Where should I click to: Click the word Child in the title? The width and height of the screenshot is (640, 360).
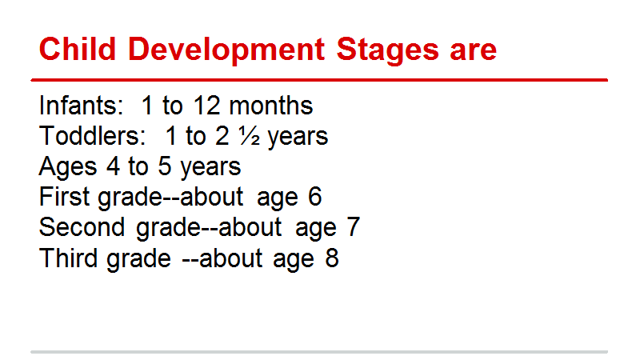(78, 49)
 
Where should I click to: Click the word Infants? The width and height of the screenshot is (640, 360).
(81, 105)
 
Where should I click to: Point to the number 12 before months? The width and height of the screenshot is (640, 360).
(207, 106)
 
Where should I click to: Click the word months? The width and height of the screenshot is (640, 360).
(271, 105)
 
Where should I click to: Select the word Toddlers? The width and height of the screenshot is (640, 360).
(92, 135)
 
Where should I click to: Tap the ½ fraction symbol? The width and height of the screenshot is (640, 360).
(250, 136)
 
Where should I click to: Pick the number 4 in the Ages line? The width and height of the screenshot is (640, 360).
(114, 166)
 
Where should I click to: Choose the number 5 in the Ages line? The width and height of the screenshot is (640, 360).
(165, 166)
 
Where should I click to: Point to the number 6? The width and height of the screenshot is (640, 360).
(314, 197)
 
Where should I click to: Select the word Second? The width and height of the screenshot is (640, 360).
(82, 227)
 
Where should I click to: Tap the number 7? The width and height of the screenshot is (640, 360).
(353, 227)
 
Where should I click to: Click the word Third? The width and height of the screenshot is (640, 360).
(69, 258)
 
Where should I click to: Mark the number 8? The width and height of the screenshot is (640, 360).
(332, 258)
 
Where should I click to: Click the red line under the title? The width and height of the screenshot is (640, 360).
(319, 80)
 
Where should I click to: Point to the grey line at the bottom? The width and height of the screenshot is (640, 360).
(319, 352)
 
